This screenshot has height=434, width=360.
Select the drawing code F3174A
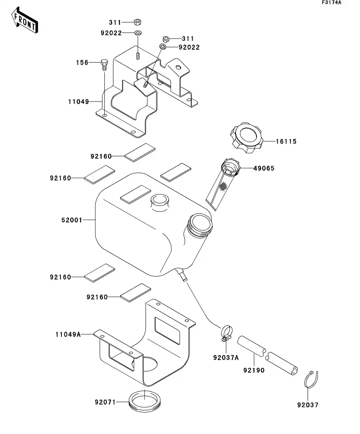click(x=331, y=3)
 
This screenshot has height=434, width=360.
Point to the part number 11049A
click(x=68, y=334)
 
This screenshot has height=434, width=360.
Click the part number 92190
click(x=254, y=370)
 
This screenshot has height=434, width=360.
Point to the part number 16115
click(x=286, y=141)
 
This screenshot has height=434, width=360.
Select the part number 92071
click(x=105, y=402)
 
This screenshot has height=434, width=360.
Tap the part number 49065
click(x=264, y=168)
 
